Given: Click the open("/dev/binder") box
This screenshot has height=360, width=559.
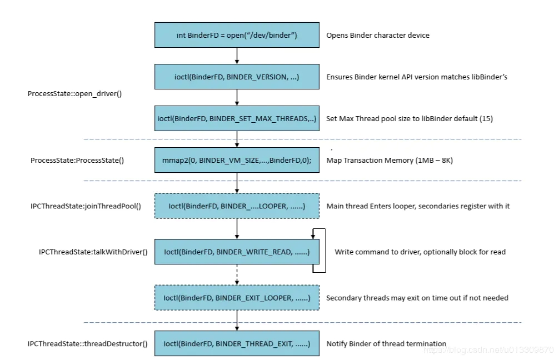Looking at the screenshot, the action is tap(237, 35).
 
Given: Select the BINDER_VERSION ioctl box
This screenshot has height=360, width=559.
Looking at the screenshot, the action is tap(237, 77).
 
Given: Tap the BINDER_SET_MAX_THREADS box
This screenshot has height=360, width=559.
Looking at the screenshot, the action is tap(237, 118).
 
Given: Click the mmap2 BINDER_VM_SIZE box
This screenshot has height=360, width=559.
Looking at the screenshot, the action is tap(237, 160).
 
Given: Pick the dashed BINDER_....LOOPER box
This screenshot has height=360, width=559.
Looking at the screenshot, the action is tap(237, 206).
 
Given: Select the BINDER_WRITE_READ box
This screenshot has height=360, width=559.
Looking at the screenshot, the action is tap(237, 252).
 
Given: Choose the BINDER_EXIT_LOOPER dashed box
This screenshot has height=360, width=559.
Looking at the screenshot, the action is tap(237, 298).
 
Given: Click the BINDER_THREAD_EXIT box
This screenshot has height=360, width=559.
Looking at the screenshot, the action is tap(237, 343).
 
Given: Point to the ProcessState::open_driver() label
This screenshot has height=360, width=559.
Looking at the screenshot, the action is tap(74, 94).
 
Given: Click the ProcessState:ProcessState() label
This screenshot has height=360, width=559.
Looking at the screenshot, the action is tap(77, 161).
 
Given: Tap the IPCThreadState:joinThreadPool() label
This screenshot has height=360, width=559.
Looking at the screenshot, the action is tap(86, 206).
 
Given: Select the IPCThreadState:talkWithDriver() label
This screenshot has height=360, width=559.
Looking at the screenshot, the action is tap(93, 252).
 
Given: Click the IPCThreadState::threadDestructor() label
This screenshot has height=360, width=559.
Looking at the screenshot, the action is tap(87, 343).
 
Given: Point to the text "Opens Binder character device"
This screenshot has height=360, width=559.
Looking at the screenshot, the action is tap(378, 36).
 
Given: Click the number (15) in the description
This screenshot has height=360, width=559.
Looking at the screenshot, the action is tap(486, 119).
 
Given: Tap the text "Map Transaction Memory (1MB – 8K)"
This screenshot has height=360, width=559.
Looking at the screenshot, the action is tap(390, 161).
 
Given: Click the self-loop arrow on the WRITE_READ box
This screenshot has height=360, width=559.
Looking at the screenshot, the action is tap(325, 251).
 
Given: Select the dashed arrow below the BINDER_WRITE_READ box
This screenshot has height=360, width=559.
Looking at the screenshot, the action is tap(237, 274).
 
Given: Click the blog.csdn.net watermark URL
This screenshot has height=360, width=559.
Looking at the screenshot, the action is tap(488, 350).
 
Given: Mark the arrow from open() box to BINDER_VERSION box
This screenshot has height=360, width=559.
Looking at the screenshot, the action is tap(237, 56).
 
